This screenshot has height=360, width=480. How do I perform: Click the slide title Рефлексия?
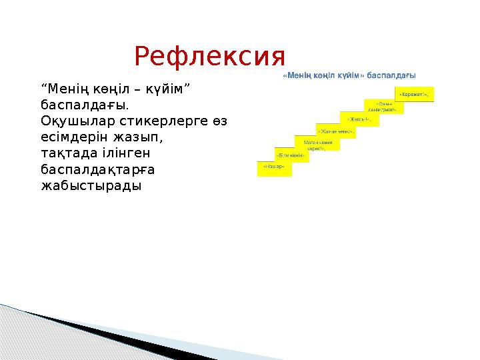[209, 58]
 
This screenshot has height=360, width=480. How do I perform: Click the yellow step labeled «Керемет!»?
[414, 94]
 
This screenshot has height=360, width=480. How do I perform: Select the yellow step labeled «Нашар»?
[275, 169]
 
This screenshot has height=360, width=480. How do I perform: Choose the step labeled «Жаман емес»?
[335, 131]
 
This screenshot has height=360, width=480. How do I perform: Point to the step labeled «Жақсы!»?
[358, 119]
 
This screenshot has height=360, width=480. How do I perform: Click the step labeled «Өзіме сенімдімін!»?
[383, 107]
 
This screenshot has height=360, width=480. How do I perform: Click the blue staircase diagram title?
[350, 76]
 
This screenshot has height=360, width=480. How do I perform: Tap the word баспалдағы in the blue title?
[394, 76]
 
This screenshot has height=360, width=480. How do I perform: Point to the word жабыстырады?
[91, 185]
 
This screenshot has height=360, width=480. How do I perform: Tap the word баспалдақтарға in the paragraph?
[98, 169]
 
